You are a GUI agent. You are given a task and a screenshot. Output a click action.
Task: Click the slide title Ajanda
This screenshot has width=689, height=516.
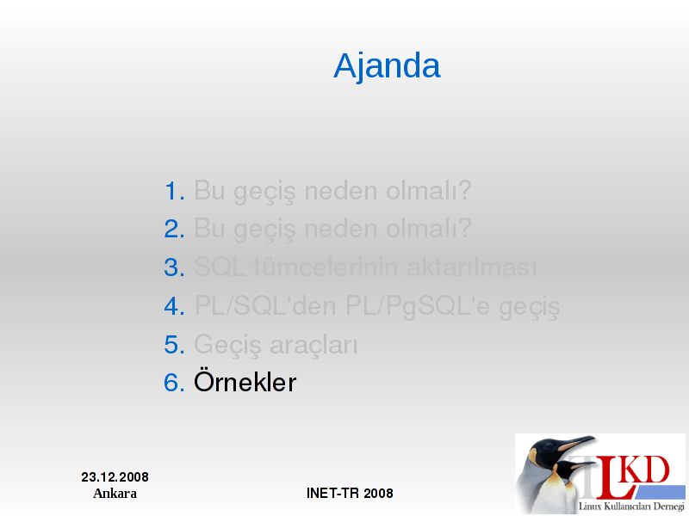pos(387,66)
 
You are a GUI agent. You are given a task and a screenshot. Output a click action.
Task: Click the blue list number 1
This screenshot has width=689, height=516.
pos(175,191)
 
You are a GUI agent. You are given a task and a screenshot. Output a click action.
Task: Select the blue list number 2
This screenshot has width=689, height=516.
pos(175,229)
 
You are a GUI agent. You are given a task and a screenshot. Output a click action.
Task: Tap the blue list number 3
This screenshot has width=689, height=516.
pos(175,267)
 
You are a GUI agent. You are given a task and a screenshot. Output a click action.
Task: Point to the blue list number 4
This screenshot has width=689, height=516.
pos(175,305)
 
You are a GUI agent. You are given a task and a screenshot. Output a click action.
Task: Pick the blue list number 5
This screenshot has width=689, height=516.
pos(175,344)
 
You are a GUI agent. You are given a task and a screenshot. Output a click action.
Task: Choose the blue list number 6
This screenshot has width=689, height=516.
pos(175,382)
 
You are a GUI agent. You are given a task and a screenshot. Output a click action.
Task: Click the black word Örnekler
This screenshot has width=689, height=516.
pos(245,380)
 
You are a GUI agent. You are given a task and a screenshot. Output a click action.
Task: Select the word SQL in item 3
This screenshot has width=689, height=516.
pos(220,267)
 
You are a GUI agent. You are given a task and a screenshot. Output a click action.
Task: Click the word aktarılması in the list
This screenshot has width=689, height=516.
pos(472,267)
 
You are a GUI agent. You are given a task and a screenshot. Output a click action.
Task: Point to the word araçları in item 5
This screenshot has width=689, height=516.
pos(313,346)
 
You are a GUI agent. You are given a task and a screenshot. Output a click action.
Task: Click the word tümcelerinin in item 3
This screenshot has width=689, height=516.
pos(326,267)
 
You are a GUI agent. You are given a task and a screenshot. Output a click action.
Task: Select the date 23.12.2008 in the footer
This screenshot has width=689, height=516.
pos(115,477)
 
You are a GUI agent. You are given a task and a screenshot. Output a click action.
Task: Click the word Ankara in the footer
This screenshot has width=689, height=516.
pos(115,494)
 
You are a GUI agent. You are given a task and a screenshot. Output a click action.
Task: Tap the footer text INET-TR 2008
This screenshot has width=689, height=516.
pos(350,493)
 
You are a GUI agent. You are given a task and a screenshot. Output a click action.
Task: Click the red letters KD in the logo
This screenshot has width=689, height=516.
pos(646,470)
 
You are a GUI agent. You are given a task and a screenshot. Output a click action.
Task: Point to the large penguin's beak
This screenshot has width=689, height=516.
pos(575,442)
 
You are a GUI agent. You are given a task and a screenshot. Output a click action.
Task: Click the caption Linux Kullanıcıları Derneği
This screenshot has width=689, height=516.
pos(631,507)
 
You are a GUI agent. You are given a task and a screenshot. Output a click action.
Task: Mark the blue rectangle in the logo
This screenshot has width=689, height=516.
pos(659,492)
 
